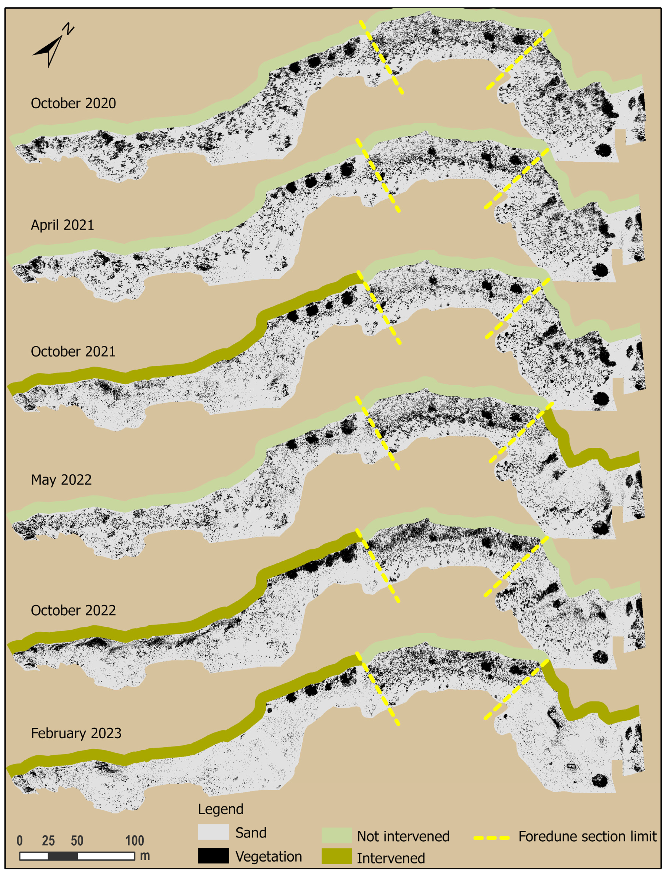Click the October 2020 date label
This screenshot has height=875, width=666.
click(x=73, y=103)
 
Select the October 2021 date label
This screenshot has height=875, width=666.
click(x=73, y=352)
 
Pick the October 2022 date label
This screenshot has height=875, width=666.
click(x=73, y=610)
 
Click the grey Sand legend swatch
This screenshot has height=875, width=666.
click(x=213, y=832)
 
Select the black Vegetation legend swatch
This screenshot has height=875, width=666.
click(x=213, y=856)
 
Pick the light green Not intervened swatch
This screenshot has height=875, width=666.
click(x=336, y=835)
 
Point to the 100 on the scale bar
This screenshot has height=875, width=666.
click(x=134, y=840)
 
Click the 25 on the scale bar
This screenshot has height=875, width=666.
click(x=48, y=840)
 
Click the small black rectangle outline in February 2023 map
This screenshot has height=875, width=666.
click(x=571, y=766)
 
